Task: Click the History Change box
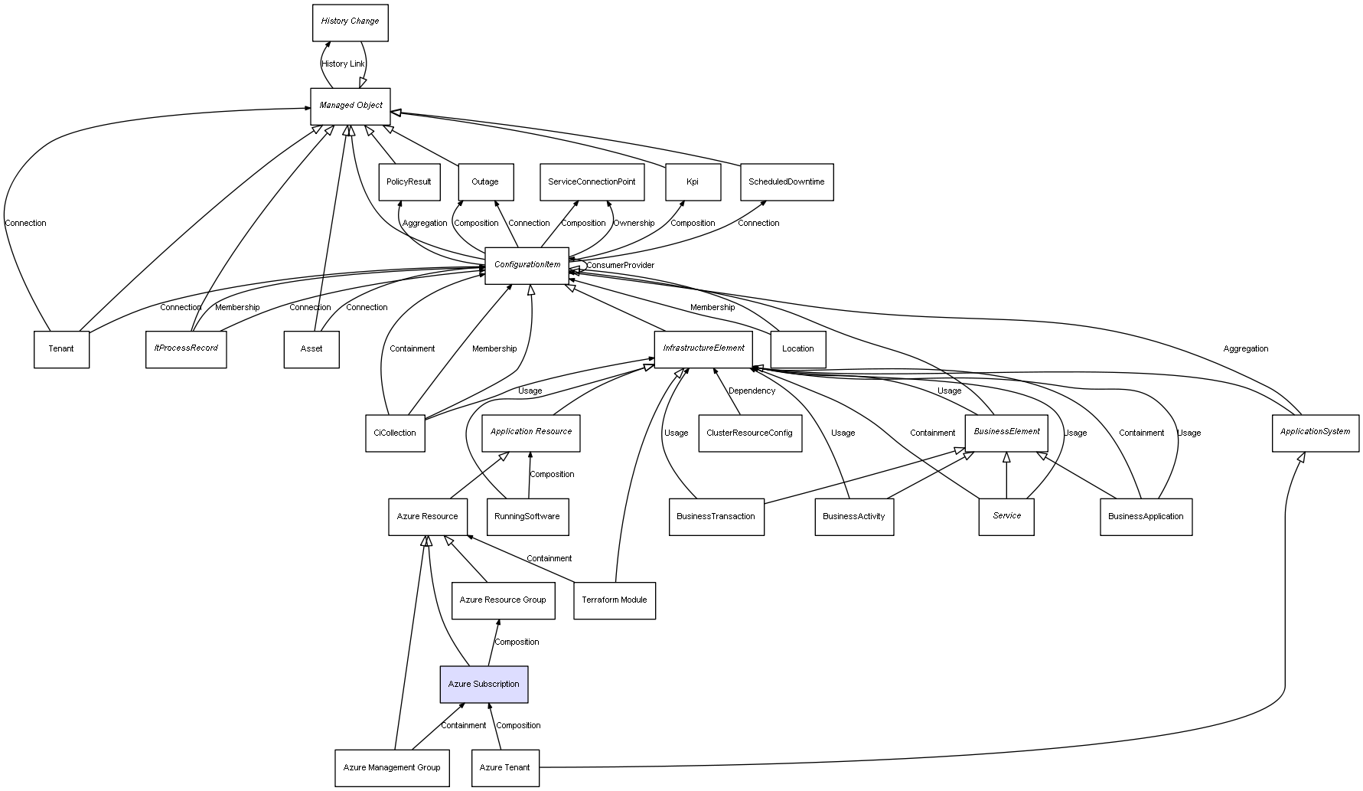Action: click(x=350, y=22)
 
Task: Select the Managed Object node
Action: click(x=351, y=106)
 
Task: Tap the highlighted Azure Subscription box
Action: click(x=484, y=684)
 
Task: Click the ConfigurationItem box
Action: click(x=527, y=265)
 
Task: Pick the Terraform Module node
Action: click(x=614, y=600)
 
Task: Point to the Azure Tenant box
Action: click(x=504, y=767)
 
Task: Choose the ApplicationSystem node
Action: click(x=1315, y=432)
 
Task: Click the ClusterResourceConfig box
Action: click(x=749, y=433)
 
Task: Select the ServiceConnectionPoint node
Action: click(x=592, y=182)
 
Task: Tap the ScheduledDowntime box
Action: click(x=787, y=182)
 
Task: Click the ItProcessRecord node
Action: click(x=186, y=348)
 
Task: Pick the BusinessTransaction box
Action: click(x=716, y=517)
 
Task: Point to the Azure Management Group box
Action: click(x=392, y=767)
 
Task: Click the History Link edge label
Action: click(x=343, y=64)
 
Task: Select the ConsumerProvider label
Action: click(x=620, y=266)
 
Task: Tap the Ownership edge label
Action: click(x=634, y=224)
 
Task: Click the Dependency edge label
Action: click(x=752, y=391)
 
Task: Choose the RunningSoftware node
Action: click(x=527, y=517)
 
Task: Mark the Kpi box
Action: click(x=693, y=182)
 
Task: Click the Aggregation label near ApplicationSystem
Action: click(x=1245, y=349)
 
